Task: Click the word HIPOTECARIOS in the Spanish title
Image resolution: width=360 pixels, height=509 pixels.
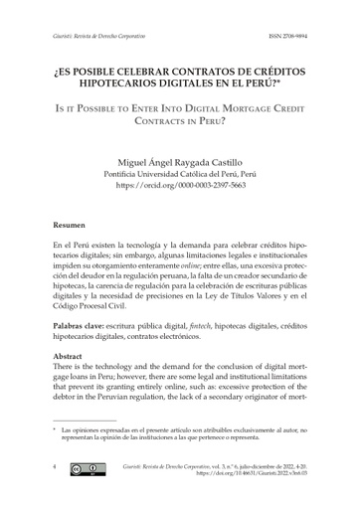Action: (118, 83)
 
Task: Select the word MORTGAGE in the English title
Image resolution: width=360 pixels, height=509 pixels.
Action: (240, 104)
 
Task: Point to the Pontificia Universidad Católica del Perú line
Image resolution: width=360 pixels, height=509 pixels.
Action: (179, 171)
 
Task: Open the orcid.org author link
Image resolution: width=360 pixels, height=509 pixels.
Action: (179, 185)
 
